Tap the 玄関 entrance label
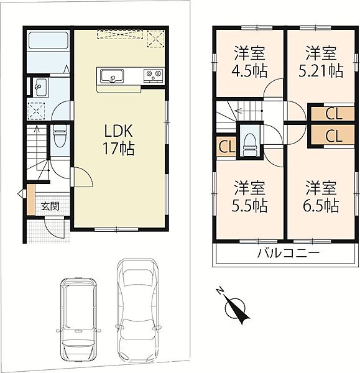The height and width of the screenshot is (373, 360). [x=50, y=206]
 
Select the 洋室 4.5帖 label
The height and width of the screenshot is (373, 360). [x=249, y=62]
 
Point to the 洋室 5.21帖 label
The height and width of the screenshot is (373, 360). [x=321, y=62]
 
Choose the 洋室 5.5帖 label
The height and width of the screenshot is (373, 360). [x=249, y=196]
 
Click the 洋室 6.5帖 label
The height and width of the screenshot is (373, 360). [x=321, y=196]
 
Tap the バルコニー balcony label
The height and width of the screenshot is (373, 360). [x=288, y=254]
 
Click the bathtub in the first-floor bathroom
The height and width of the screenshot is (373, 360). [x=48, y=41]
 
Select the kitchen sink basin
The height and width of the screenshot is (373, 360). [x=112, y=76]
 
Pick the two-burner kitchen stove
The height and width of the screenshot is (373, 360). [x=153, y=76]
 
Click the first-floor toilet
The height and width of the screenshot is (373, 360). [x=59, y=139]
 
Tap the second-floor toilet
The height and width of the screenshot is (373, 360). [x=249, y=144]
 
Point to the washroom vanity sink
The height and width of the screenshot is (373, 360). [x=40, y=87]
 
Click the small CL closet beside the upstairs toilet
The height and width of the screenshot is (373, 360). [x=226, y=147]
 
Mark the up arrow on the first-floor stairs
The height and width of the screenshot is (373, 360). [x=37, y=147]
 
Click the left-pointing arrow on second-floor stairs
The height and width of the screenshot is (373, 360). [x=247, y=111]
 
